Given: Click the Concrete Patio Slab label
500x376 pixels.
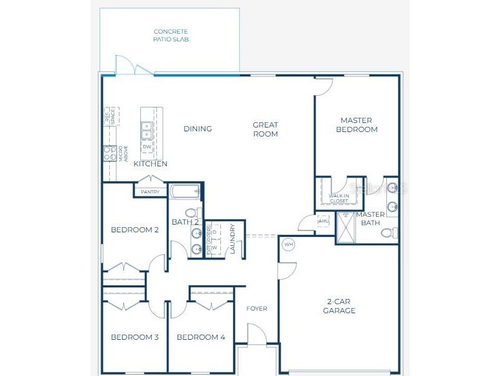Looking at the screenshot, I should coord(171,35).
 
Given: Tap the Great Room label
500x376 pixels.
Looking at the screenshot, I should coord(266,129).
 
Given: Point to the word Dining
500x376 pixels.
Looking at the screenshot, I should coord(198,129).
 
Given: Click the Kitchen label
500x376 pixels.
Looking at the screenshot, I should coord(151,164).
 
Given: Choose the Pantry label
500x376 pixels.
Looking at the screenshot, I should coord(150,192).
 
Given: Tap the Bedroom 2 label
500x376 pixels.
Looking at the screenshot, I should coord(134,230).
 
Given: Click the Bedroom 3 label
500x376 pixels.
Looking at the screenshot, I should coord(134,337).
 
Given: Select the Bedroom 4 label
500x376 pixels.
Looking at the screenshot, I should coord(200,337).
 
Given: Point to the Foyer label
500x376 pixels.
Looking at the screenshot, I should coord(256,309).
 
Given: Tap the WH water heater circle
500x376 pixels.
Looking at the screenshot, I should coord(288,245).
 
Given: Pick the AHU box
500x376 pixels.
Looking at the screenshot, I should coord(324,221).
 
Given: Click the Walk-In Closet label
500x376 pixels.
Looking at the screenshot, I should coord(339,198).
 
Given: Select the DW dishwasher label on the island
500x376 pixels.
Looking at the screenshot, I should coord(147,147).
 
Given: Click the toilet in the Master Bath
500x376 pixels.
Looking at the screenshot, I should coord(388,232).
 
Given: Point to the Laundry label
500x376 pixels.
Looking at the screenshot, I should coord(233,239).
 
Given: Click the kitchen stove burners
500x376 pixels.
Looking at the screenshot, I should coord(109,153).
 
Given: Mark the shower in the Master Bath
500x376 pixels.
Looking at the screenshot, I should coord(347,228).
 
